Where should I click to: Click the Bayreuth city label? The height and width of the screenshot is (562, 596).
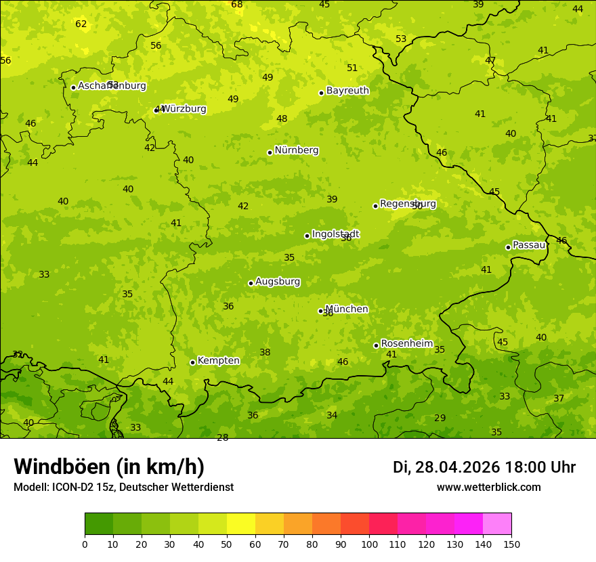tap(347, 91)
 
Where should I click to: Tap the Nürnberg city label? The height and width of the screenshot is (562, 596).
tap(296, 150)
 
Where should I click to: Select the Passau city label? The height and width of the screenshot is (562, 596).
tap(529, 245)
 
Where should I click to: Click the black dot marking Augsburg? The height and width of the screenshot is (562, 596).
tap(251, 283)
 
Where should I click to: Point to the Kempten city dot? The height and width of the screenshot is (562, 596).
tap(192, 362)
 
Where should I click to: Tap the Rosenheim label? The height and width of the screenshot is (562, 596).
tap(406, 344)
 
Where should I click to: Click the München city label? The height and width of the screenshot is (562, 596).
tap(347, 309)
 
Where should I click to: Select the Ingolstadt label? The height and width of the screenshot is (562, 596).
tap(335, 234)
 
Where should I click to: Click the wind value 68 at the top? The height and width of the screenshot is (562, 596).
tap(237, 5)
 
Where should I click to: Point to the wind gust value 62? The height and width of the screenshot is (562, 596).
tap(81, 24)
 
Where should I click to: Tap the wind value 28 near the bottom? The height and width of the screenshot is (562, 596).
tap(222, 437)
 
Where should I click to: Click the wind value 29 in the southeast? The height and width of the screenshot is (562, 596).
tap(440, 418)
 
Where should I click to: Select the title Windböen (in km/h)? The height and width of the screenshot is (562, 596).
tap(109, 467)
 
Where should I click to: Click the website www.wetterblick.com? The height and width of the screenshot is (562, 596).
tap(488, 488)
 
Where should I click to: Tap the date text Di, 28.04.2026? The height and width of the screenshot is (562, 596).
tap(446, 467)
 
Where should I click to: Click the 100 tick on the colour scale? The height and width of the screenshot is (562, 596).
tap(369, 544)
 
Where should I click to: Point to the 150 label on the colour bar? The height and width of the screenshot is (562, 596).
tap(511, 544)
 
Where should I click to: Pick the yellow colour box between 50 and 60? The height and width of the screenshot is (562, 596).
tap(241, 524)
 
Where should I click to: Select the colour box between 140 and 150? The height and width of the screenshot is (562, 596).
tap(497, 524)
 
